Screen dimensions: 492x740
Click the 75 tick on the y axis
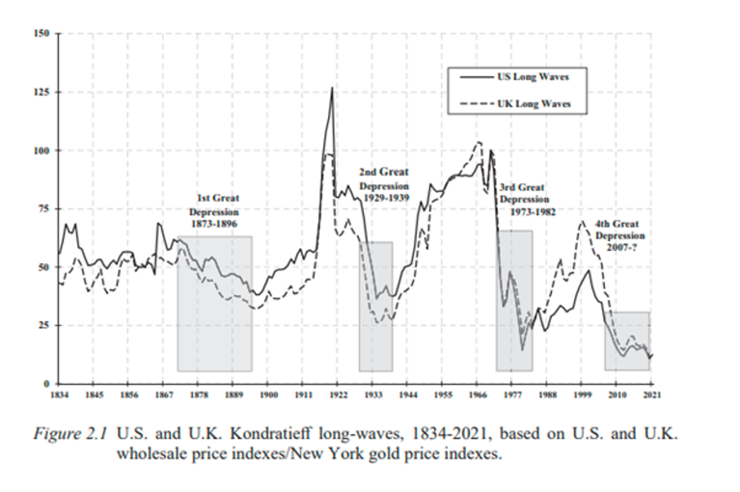click(45, 209)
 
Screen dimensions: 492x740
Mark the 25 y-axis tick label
click(45, 325)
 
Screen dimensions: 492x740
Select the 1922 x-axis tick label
click(339, 394)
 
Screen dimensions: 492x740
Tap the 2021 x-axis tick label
click(652, 394)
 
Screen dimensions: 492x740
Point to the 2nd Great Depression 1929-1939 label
click(383, 185)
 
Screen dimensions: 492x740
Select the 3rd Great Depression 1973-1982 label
click(523, 199)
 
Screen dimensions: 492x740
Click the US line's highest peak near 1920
click(332, 87)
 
